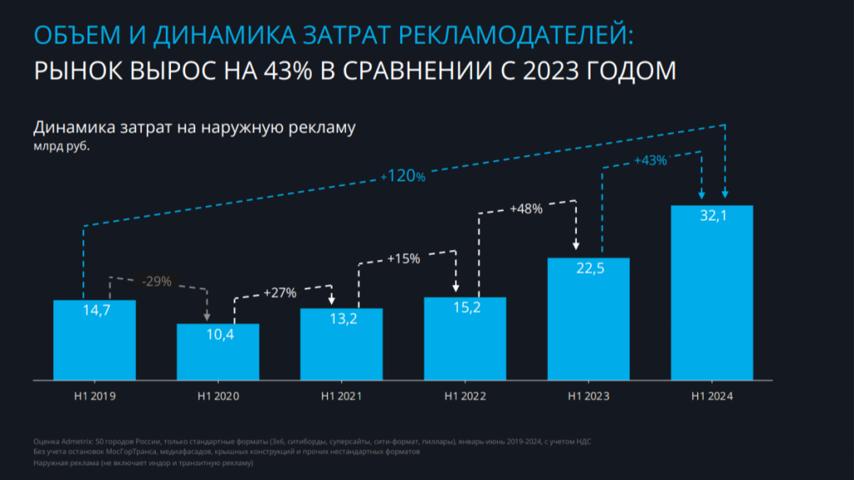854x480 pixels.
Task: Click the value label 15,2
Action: [465, 307]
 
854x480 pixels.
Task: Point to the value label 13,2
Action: [341, 317]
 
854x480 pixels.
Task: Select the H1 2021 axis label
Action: [341, 396]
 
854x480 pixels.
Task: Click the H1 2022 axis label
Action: [465, 396]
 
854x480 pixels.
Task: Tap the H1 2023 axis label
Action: [588, 396]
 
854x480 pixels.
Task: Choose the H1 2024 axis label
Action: [712, 396]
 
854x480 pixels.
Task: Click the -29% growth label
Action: [156, 282]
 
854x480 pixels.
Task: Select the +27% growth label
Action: [280, 292]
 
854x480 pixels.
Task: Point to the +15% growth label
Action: [404, 258]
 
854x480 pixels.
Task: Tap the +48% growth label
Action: [526, 209]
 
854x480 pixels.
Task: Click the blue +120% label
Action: [403, 177]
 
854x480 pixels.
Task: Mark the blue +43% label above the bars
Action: [651, 160]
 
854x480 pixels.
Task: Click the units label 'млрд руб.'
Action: [61, 146]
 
